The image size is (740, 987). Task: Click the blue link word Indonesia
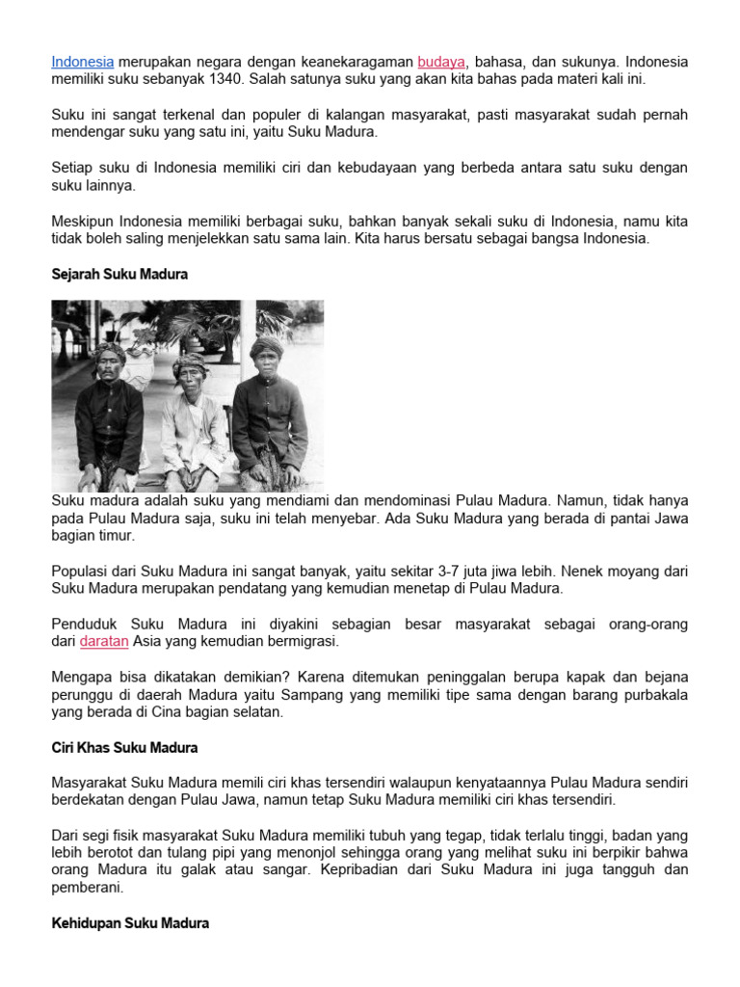click(83, 62)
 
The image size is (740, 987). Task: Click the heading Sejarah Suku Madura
click(119, 275)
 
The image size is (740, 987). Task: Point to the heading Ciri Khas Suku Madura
click(124, 747)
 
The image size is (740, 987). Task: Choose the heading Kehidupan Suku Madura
click(130, 923)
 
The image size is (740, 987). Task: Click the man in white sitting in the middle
click(194, 424)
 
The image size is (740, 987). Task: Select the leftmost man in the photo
click(110, 414)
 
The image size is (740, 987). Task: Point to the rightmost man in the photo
click(269, 410)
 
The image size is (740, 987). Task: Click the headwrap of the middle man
click(190, 363)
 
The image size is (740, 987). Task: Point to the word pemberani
click(88, 888)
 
